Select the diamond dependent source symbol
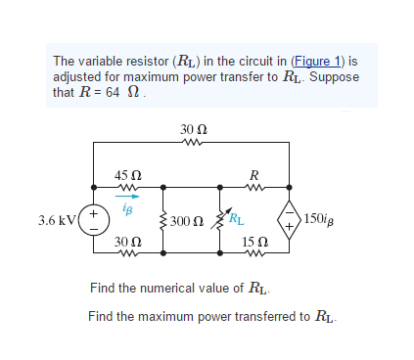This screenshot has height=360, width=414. point(291,218)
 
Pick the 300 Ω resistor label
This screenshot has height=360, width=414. point(187,220)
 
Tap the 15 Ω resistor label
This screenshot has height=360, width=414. point(253,241)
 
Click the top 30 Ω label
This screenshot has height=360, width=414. point(193,128)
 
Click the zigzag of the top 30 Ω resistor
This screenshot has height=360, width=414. point(193,142)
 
